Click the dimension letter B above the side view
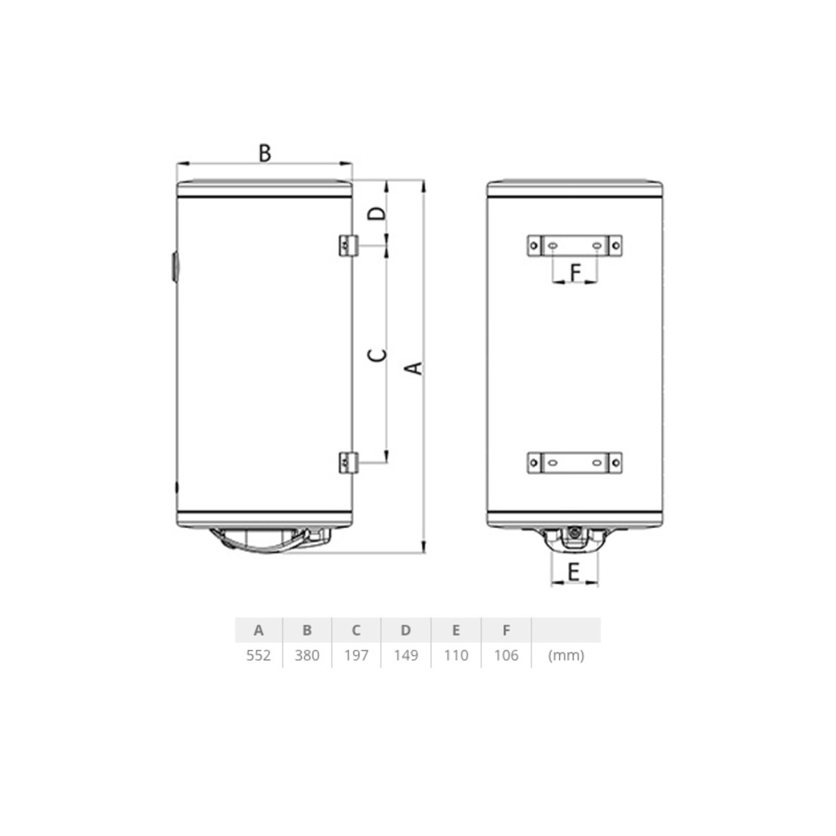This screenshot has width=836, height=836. [265, 153]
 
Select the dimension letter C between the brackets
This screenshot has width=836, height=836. [377, 355]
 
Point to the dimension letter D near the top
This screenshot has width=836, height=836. [377, 213]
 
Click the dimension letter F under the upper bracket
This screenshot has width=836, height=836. [575, 272]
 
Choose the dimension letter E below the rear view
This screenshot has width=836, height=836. [573, 572]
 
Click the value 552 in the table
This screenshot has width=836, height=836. [258, 655]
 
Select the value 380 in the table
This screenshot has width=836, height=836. [307, 655]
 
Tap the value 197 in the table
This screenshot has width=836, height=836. [356, 655]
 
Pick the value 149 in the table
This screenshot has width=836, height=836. [405, 655]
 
